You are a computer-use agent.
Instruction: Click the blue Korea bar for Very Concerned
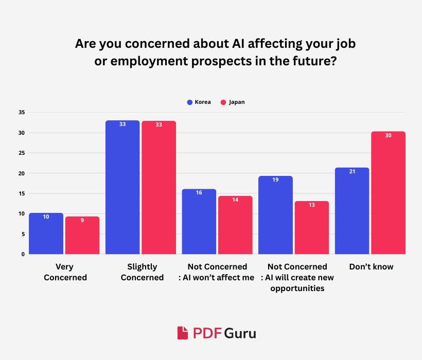46,233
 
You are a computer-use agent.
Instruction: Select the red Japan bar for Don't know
388,193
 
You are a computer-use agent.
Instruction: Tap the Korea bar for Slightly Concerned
122,187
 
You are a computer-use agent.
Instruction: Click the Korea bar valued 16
199,222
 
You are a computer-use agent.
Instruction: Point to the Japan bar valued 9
82,235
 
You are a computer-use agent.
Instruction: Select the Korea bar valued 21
352,211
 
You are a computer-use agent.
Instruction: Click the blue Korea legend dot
189,102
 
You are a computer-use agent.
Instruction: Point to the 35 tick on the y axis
21,113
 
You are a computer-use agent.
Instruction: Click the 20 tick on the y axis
21,173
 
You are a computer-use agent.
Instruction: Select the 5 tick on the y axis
23,234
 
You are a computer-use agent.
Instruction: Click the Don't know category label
371,267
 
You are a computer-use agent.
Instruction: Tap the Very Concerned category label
65,272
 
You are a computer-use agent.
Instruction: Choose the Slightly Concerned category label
142,272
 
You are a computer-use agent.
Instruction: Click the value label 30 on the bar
388,136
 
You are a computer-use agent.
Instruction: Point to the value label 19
275,180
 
